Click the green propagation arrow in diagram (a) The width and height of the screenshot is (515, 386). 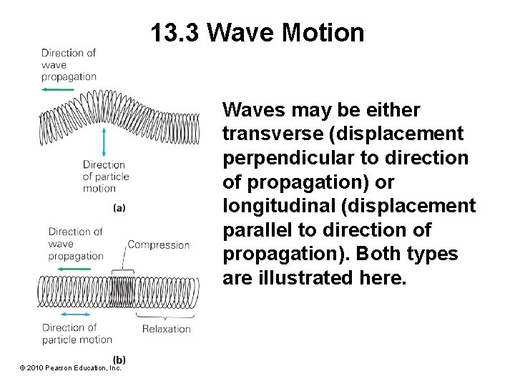tap(58, 89)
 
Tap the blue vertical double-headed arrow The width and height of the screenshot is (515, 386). tap(104, 142)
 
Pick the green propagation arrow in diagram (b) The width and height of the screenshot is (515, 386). tap(58, 268)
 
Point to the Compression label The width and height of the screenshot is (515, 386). tap(159, 244)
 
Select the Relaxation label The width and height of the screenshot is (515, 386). tap(166, 329)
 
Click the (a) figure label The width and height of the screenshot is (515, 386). tap(119, 207)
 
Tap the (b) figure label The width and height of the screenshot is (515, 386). tap(119, 359)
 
